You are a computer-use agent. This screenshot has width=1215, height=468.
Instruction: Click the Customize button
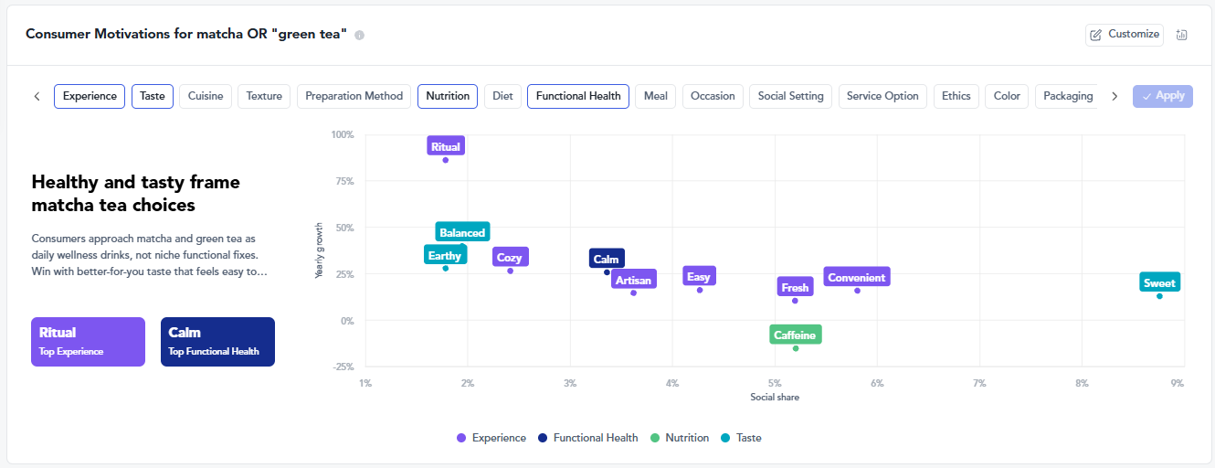(x=1124, y=35)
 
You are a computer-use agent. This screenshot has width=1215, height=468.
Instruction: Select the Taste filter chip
(x=153, y=96)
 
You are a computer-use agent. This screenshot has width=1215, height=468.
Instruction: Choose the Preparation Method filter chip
(x=354, y=96)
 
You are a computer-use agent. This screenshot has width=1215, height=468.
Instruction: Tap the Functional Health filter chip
(x=578, y=96)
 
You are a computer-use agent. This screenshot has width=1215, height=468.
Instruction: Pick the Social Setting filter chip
(x=790, y=96)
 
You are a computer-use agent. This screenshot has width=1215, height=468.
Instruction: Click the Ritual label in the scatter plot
(x=445, y=146)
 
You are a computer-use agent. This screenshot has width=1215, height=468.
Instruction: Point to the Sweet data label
(x=1159, y=282)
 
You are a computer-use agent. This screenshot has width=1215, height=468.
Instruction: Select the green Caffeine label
(x=795, y=335)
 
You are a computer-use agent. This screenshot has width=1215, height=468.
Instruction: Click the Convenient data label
(x=857, y=277)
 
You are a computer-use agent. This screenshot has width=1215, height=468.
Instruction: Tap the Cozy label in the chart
(x=510, y=257)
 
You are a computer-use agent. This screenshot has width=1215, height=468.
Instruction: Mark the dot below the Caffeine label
(x=796, y=348)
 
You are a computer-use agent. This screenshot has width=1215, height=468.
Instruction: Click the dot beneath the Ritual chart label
(x=445, y=160)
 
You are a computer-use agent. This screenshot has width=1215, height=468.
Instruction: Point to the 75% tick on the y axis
(x=344, y=181)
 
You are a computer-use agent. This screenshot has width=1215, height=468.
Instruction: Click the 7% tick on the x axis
(x=979, y=383)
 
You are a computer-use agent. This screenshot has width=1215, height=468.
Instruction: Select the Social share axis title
(x=775, y=398)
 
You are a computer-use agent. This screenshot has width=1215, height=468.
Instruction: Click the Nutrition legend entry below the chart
(x=680, y=438)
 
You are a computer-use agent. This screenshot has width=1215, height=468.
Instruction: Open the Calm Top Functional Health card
(x=217, y=342)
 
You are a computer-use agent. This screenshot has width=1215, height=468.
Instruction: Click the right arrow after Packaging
(x=1115, y=97)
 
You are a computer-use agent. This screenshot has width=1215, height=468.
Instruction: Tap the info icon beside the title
(x=359, y=36)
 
